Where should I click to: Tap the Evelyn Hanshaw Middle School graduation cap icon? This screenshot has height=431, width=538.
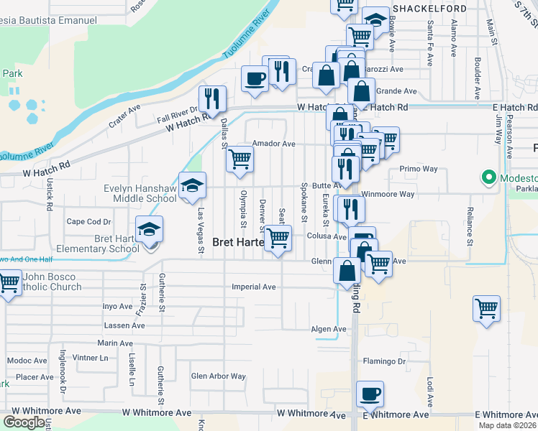coord(193,186)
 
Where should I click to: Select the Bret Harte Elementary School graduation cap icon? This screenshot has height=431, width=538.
coord(150,229)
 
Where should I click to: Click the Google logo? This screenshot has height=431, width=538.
coord(24,422)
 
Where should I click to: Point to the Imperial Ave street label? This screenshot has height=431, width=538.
coord(254,287)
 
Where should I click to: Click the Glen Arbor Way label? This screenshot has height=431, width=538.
coord(219,376)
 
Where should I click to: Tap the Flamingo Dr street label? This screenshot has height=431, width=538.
coord(384,361)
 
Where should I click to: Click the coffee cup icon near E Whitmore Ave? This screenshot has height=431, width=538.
coord(370,394)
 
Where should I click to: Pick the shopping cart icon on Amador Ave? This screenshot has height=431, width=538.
coord(240,159)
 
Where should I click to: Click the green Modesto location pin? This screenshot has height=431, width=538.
coord(488,177)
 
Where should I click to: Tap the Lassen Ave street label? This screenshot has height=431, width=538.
coord(119,325)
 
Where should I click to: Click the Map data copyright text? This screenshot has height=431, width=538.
coord(507,425)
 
